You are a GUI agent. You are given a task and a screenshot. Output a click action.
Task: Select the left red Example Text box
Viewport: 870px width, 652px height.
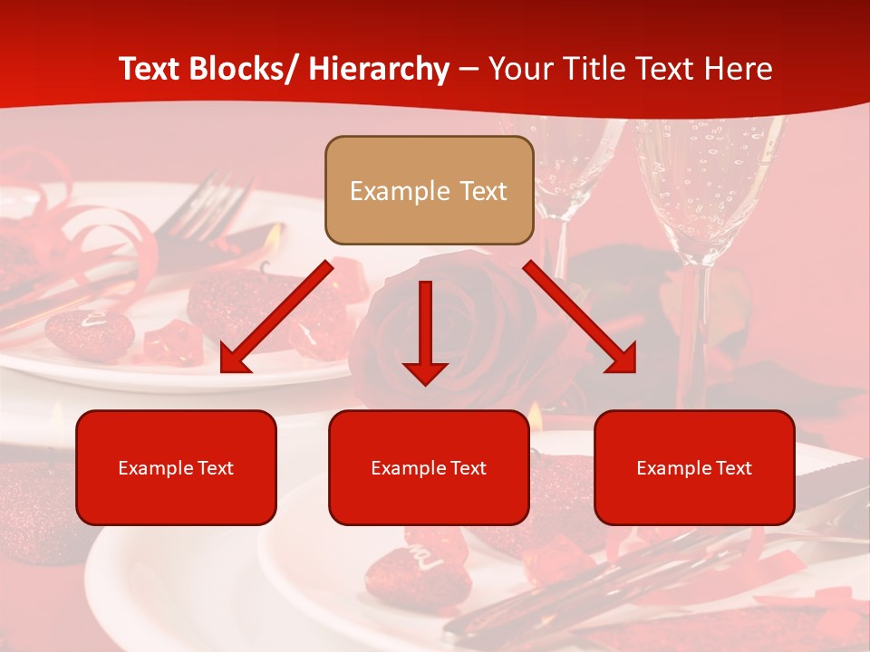[x=176, y=467]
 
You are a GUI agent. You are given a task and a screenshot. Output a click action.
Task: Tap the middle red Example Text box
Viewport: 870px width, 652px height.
[x=429, y=467]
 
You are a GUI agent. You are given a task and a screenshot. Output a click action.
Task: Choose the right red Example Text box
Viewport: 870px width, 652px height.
[x=694, y=467]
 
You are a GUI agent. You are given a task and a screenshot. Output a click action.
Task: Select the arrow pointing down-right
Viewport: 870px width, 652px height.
[x=580, y=317]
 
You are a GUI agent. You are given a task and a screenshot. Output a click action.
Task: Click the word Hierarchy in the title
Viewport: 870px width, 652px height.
[x=379, y=69]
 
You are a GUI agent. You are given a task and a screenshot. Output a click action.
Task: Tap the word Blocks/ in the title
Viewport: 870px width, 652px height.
[x=249, y=69]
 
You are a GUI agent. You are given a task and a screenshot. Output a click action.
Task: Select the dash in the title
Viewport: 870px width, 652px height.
[x=469, y=69]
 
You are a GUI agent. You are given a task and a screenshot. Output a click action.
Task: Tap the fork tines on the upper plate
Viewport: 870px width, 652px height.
[x=217, y=195]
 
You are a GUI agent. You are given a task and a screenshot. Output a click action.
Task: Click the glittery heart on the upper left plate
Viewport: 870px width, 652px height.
[x=89, y=332]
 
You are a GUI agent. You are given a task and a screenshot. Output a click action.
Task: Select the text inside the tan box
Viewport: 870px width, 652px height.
[x=429, y=191]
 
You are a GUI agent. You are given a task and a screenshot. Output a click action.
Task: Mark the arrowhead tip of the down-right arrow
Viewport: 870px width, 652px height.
[x=633, y=370]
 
